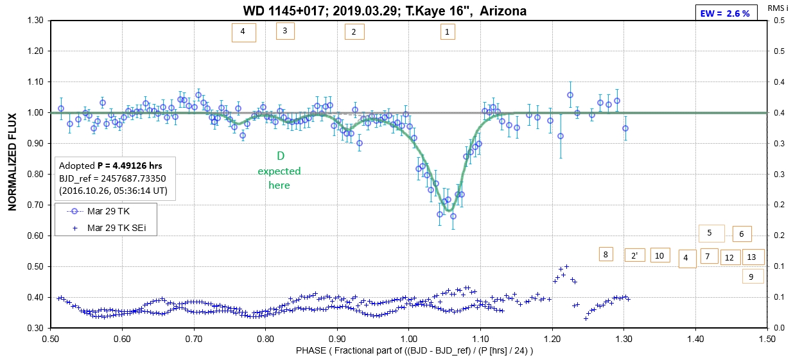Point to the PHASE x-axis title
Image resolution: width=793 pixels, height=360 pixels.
coord(414,350)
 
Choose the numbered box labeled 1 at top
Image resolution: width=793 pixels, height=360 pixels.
coord(448,31)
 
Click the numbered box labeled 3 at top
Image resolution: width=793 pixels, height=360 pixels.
coord(285,30)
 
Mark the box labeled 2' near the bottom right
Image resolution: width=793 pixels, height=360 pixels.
coord(634,255)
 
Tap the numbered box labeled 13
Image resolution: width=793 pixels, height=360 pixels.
coord(753,257)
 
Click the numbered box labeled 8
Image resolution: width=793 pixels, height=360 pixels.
coord(606,254)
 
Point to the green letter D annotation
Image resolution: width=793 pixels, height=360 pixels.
coord(280,156)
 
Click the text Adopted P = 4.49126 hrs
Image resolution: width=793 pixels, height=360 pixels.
coord(110,166)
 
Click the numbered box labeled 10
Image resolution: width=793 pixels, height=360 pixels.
coord(659,255)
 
